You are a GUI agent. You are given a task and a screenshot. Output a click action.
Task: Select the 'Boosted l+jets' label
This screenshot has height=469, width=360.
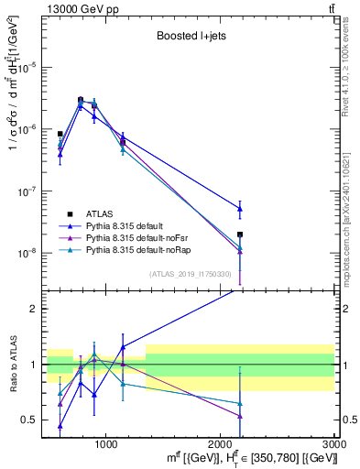tap(190, 37)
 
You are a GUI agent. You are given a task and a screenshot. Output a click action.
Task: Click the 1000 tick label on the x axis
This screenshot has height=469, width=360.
tap(106, 444)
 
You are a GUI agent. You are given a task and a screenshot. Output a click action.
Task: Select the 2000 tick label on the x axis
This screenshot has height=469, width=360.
tap(221, 444)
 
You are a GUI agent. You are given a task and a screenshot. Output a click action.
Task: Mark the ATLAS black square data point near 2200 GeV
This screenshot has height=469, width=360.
tap(240, 234)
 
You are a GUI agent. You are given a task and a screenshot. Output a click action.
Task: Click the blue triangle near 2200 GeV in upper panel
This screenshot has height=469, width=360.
tap(240, 209)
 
